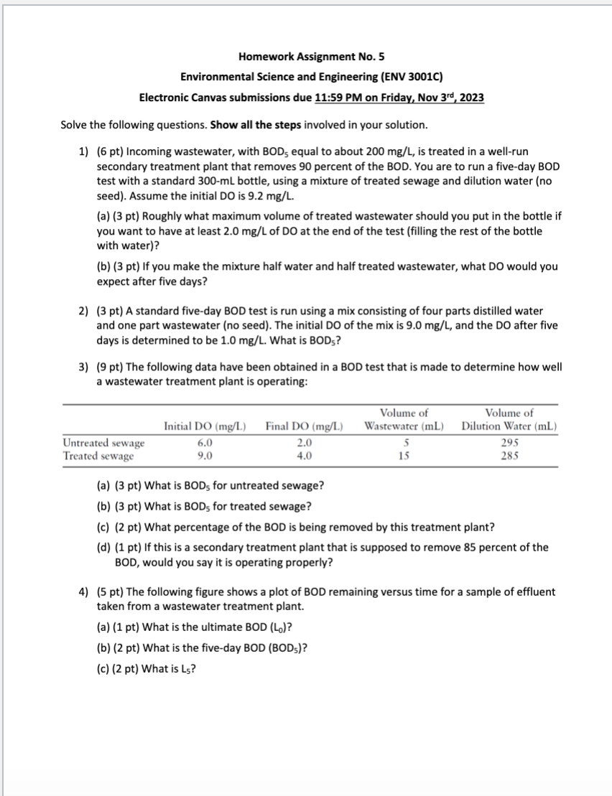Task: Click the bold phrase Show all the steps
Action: [x=255, y=125]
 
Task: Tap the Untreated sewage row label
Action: [x=103, y=444]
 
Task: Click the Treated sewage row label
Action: [x=98, y=456]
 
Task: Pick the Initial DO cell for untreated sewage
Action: [x=205, y=444]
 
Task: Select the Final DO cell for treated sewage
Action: [x=304, y=456]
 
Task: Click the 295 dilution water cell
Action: [x=509, y=444]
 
